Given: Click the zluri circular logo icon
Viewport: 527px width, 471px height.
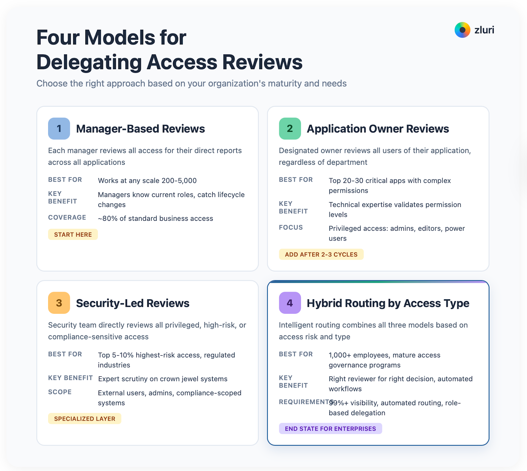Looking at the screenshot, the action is click(x=462, y=30).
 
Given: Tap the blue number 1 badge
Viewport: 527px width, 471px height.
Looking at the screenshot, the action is click(x=59, y=129).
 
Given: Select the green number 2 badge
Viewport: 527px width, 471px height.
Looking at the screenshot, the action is click(x=290, y=129).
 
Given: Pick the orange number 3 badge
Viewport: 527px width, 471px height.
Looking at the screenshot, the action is click(x=59, y=303).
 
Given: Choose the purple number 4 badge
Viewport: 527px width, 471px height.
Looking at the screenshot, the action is click(x=290, y=303).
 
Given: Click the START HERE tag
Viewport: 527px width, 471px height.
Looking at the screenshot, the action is click(x=73, y=234).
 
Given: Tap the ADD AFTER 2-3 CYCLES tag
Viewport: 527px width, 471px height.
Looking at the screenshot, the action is click(x=321, y=254).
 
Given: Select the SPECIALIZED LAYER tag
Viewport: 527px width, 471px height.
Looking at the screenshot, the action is click(x=85, y=419).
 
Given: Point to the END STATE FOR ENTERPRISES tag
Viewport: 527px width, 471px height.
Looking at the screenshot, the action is click(x=330, y=428).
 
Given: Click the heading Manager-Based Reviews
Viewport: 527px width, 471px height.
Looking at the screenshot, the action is click(x=140, y=129).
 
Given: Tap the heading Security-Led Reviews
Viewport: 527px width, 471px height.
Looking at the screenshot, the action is click(x=132, y=303).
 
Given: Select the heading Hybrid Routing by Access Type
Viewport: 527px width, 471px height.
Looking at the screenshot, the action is click(x=388, y=303).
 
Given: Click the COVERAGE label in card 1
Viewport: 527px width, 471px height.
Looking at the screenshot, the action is click(x=67, y=218).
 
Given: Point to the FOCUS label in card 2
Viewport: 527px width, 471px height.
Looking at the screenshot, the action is click(x=291, y=227).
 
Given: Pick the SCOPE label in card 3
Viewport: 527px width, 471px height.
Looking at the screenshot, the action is click(x=60, y=392).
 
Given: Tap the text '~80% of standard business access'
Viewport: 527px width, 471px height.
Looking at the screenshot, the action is click(x=155, y=219).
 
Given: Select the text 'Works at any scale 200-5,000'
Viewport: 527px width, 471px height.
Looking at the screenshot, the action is click(x=147, y=181).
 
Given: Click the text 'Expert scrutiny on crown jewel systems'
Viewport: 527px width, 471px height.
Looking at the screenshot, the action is click(x=163, y=379).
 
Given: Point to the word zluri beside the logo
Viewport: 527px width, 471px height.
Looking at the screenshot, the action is click(x=484, y=30).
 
